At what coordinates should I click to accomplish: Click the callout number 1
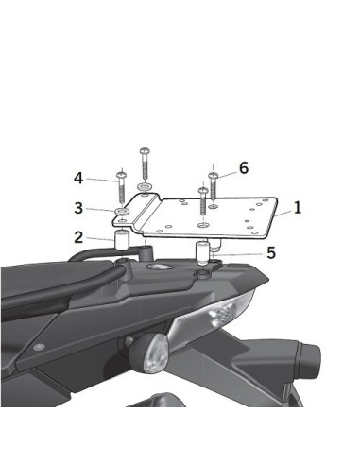tap(298, 206)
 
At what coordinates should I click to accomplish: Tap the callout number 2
tap(78, 237)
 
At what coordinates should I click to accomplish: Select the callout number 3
tap(78, 208)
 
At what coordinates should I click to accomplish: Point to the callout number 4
tap(78, 178)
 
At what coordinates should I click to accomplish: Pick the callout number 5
tap(270, 252)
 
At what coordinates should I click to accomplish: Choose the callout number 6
tap(243, 167)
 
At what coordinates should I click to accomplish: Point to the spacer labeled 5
tap(200, 253)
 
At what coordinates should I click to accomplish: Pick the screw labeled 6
tap(214, 184)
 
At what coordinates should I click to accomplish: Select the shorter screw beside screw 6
tap(202, 203)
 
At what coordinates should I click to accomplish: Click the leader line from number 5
tap(240, 253)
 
